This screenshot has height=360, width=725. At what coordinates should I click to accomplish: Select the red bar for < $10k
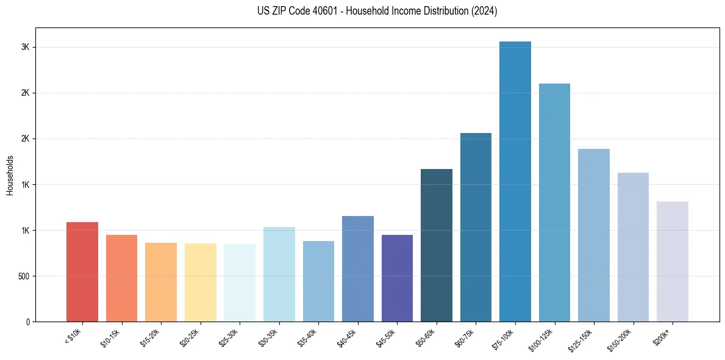tap(82, 272)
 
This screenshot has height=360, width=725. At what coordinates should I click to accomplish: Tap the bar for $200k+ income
tap(673, 262)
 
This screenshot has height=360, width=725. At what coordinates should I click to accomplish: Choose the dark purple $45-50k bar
tap(397, 278)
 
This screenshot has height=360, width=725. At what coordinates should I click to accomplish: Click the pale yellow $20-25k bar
tap(201, 283)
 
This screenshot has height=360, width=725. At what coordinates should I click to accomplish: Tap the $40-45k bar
tap(358, 269)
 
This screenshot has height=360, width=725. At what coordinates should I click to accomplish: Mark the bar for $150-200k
tap(633, 247)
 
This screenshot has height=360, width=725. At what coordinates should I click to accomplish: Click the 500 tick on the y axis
tap(23, 276)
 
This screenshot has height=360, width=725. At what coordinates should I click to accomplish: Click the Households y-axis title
tap(10, 175)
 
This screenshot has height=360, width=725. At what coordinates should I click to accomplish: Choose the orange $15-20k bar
tap(161, 283)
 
